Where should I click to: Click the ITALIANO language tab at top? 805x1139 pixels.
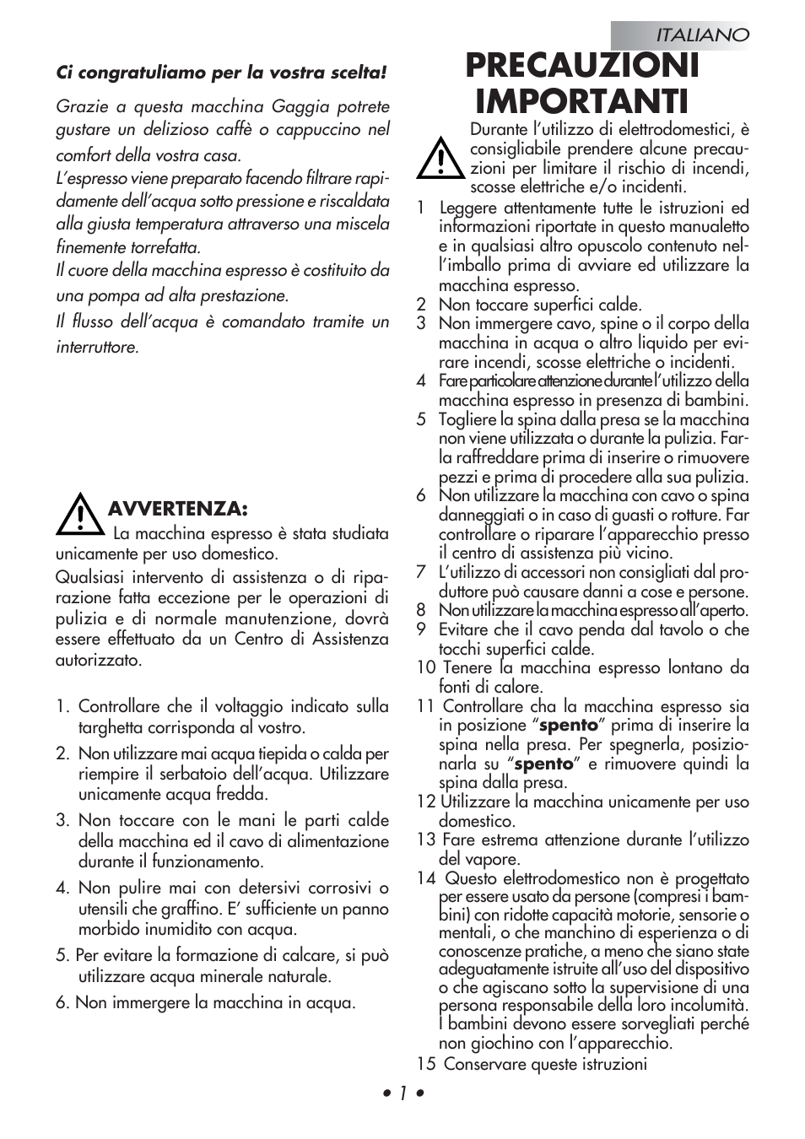702,35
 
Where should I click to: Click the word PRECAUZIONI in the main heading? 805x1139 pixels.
582,66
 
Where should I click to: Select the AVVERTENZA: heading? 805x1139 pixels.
177,509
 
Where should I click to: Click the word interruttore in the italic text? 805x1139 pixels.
96,347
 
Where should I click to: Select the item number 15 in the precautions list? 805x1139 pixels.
425,1064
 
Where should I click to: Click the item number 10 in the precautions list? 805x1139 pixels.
425,668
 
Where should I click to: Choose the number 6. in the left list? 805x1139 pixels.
62,1002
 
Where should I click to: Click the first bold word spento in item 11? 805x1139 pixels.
569,726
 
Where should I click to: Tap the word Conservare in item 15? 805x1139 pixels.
484,1064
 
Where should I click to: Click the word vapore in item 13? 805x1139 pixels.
494,859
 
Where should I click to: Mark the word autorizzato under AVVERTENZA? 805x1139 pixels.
99,660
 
